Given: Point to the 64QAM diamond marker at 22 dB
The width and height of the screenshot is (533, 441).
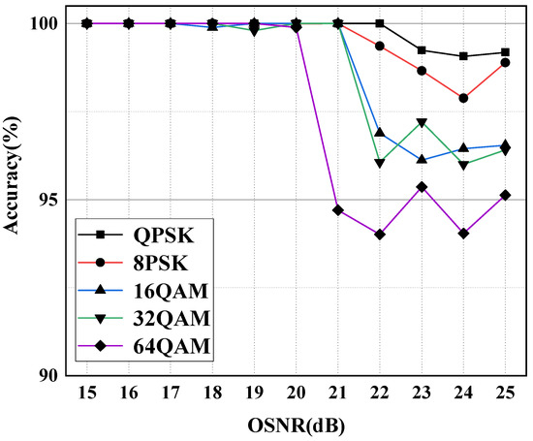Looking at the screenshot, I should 380,235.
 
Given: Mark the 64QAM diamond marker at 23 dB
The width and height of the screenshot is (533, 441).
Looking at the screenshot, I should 422,187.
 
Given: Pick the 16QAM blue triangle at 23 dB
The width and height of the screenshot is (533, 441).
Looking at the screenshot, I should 422,159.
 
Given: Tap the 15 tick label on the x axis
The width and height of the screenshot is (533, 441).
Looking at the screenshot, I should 86,396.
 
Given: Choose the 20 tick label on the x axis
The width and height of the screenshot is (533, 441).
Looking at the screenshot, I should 296,396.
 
